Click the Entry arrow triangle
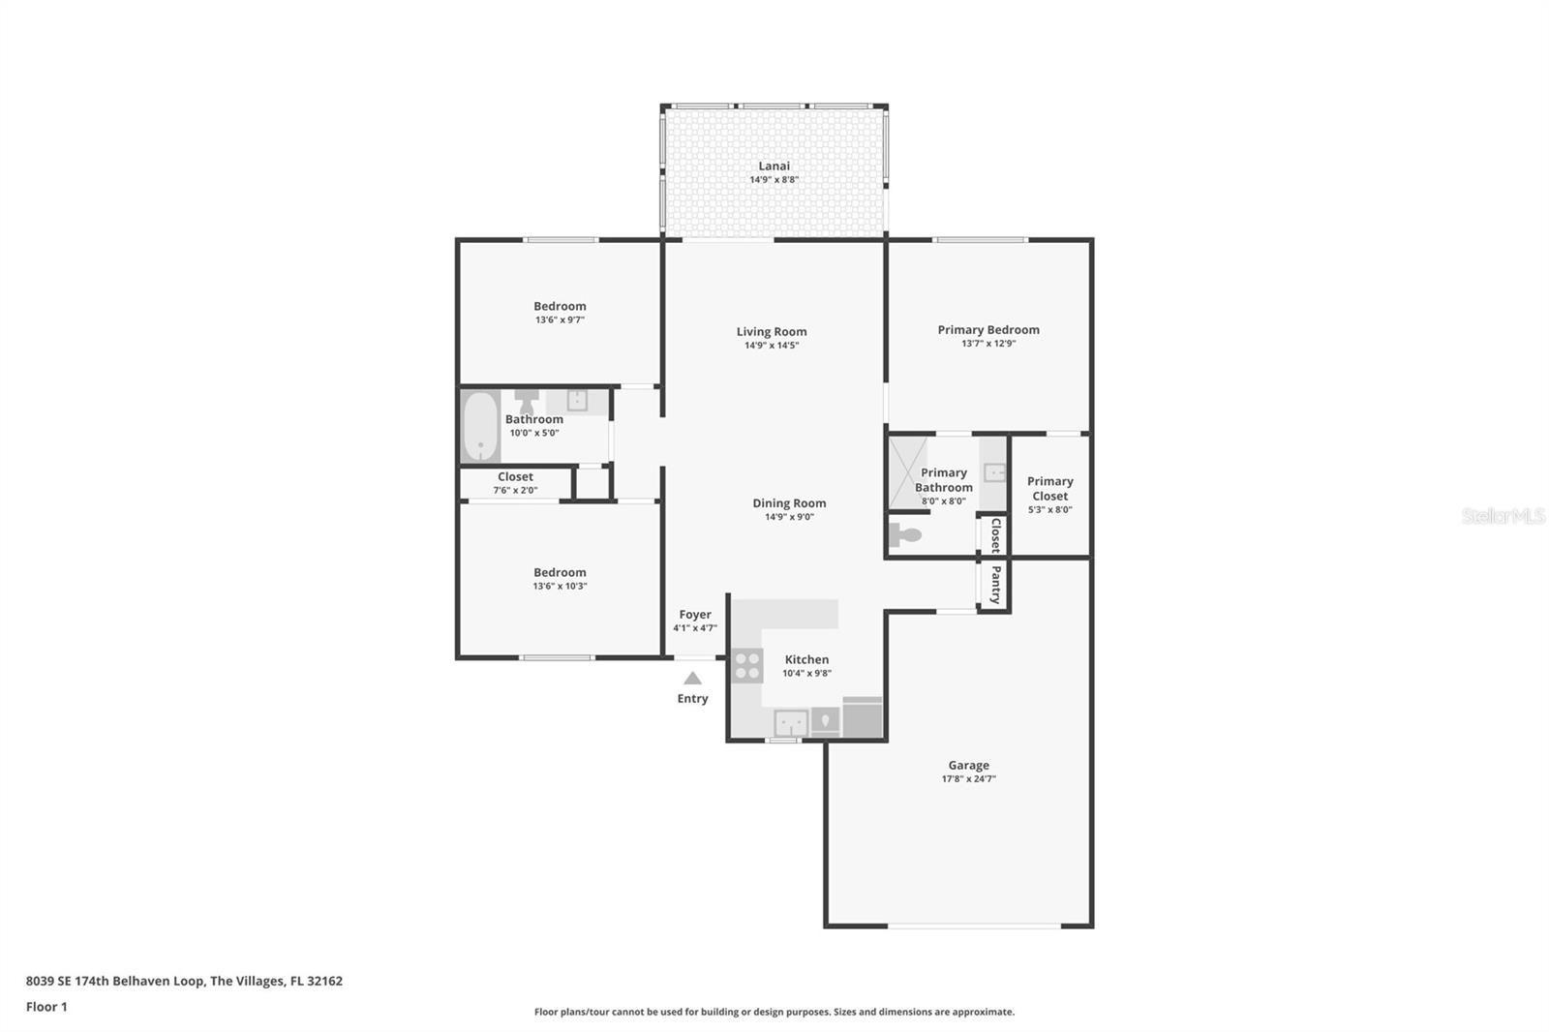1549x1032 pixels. pyautogui.click(x=692, y=678)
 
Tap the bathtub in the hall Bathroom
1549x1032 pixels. pyautogui.click(x=480, y=426)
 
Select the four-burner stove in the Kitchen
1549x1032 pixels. pyautogui.click(x=747, y=665)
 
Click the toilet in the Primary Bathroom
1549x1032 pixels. pyautogui.click(x=905, y=534)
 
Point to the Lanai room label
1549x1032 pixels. pyautogui.click(x=774, y=166)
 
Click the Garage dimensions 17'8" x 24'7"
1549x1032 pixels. pyautogui.click(x=968, y=779)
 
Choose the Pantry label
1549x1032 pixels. pyautogui.click(x=996, y=585)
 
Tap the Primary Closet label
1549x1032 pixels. pyautogui.click(x=1049, y=488)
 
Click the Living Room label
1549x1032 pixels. pyautogui.click(x=771, y=332)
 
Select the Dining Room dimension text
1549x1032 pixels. pyautogui.click(x=789, y=517)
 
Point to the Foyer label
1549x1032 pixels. pyautogui.click(x=695, y=614)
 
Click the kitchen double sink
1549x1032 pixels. pyautogui.click(x=790, y=723)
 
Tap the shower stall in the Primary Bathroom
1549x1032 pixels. pyautogui.click(x=908, y=472)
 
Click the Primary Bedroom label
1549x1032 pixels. pyautogui.click(x=988, y=330)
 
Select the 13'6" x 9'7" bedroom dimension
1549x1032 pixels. pyautogui.click(x=560, y=319)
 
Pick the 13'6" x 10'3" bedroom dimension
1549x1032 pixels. pyautogui.click(x=560, y=586)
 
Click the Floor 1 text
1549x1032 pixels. pyautogui.click(x=46, y=1007)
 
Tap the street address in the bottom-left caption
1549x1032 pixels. pyautogui.click(x=184, y=981)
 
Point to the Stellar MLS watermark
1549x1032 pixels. pyautogui.click(x=1503, y=515)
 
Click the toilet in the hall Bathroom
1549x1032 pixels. pyautogui.click(x=527, y=401)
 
